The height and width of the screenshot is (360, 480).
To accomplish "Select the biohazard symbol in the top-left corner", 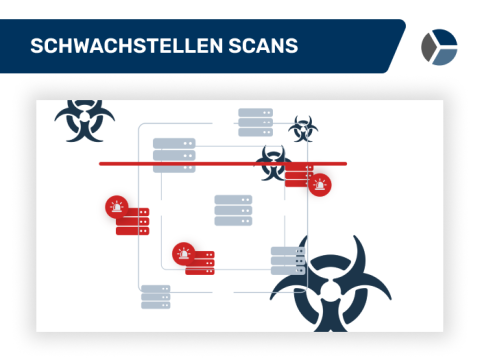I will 84,121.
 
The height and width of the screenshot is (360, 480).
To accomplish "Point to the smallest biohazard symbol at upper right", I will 302,128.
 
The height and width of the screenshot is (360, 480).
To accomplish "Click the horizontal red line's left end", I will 101,163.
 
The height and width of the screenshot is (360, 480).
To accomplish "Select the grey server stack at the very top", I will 255,122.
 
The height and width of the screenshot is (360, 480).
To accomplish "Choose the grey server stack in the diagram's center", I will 233,210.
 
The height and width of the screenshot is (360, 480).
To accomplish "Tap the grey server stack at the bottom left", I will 156,298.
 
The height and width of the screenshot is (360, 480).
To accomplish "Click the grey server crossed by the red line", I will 174,156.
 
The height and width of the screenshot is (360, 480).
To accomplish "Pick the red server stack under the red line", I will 300,177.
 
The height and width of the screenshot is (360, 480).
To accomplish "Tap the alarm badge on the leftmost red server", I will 118,207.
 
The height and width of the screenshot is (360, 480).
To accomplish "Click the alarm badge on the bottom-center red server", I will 184,252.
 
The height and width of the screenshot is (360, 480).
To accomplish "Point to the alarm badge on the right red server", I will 320,184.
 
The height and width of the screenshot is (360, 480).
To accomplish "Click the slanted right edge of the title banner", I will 397,46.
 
